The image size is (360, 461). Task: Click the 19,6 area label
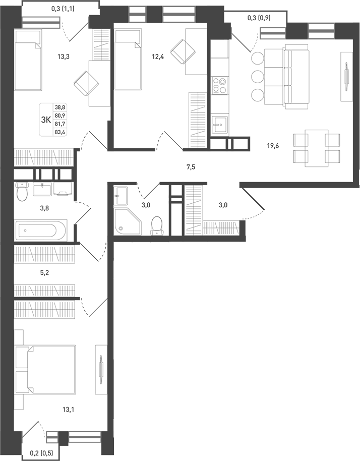[273, 146]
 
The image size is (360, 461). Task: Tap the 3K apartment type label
[45, 119]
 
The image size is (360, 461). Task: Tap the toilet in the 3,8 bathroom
[22, 191]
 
